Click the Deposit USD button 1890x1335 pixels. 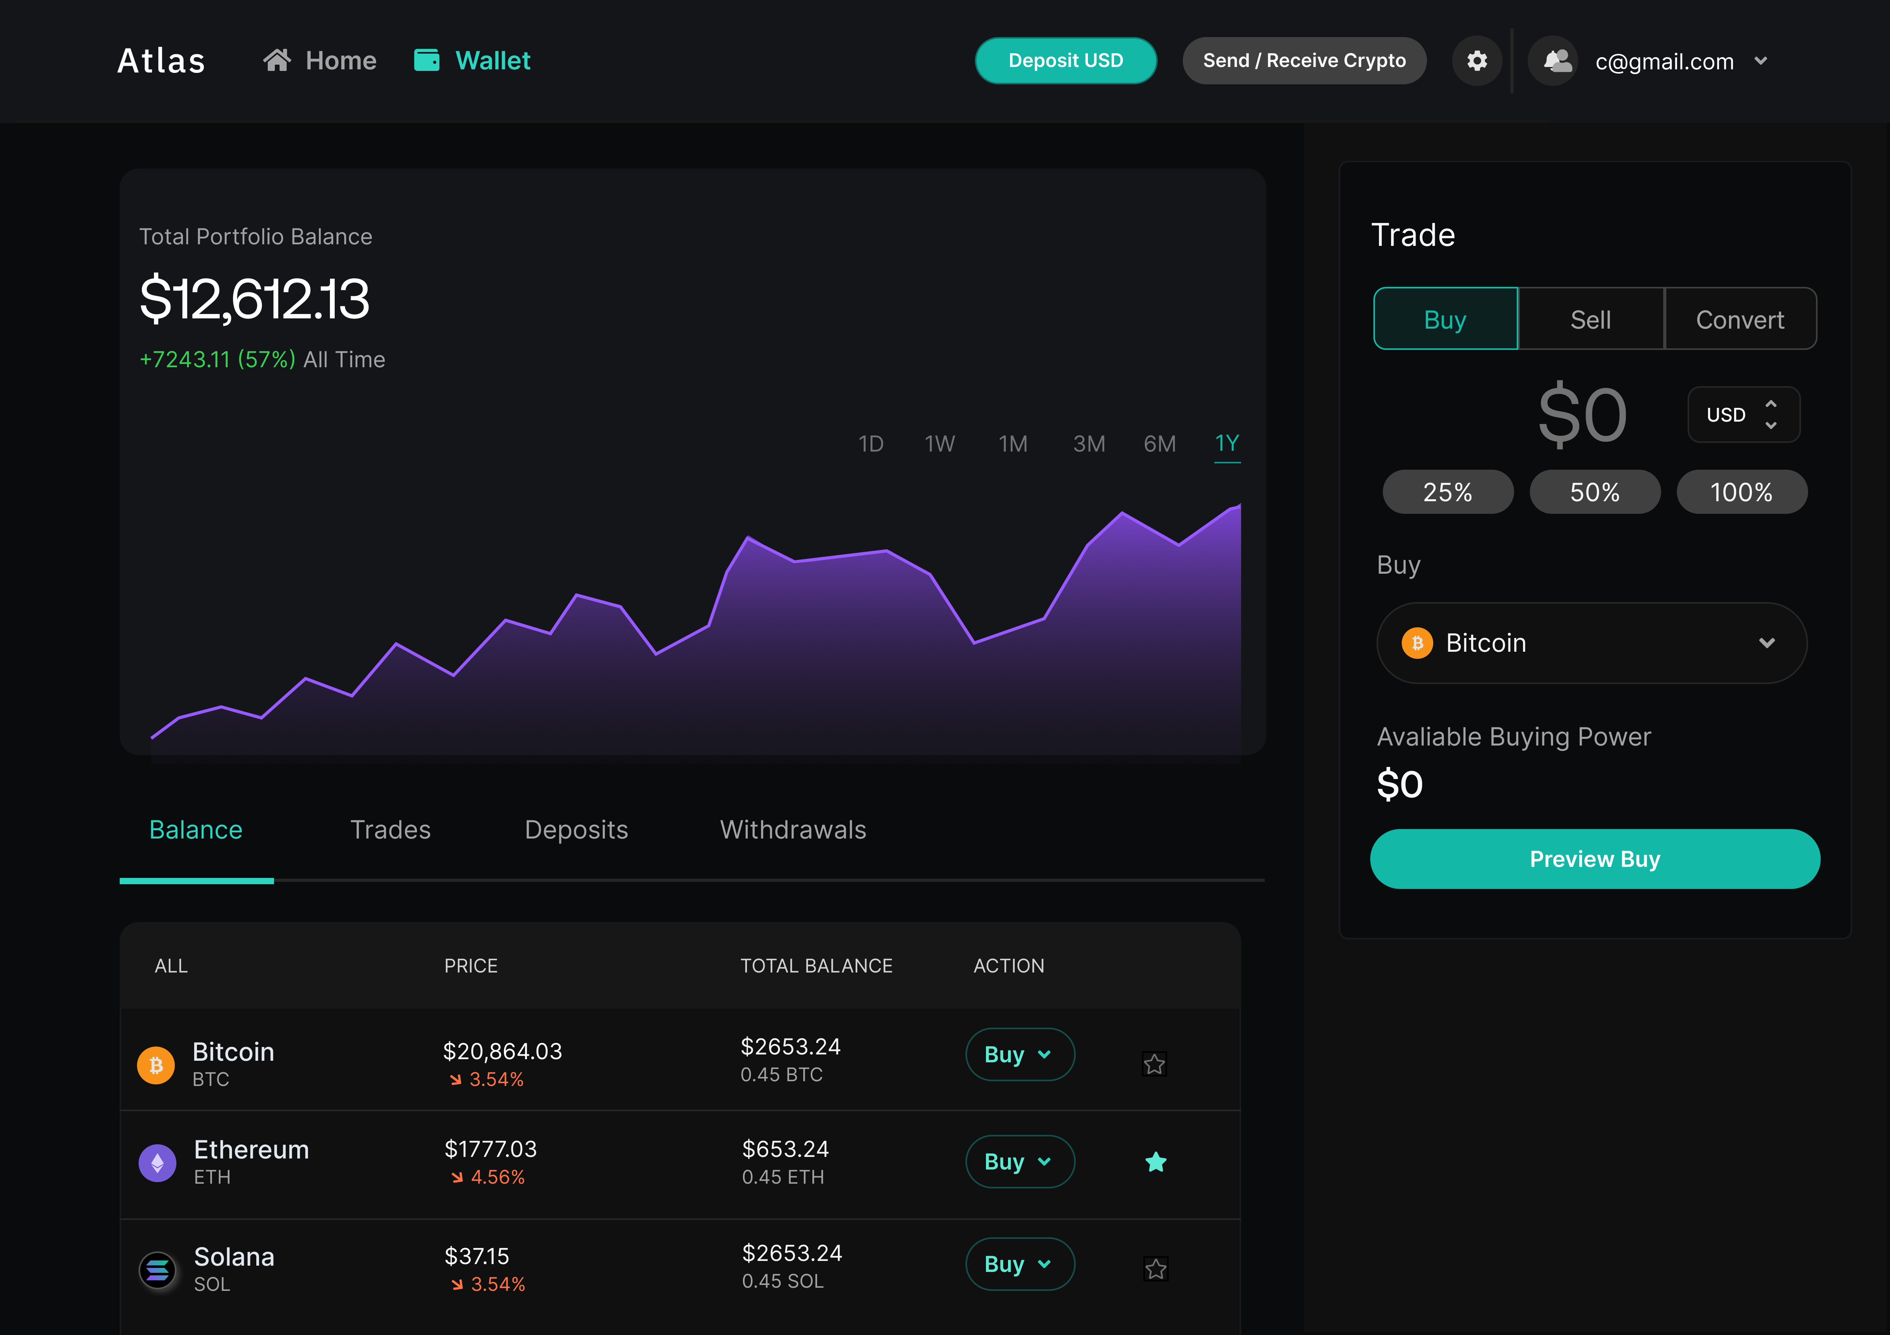(1065, 61)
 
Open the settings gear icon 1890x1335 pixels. (1477, 61)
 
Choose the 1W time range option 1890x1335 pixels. (939, 444)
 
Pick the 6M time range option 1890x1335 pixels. (1159, 444)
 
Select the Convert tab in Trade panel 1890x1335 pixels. (1739, 320)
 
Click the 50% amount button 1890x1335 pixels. (1594, 493)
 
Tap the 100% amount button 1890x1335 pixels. (1741, 493)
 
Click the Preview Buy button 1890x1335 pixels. (1594, 859)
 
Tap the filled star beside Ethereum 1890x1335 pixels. (1156, 1162)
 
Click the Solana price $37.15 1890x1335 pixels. (476, 1256)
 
